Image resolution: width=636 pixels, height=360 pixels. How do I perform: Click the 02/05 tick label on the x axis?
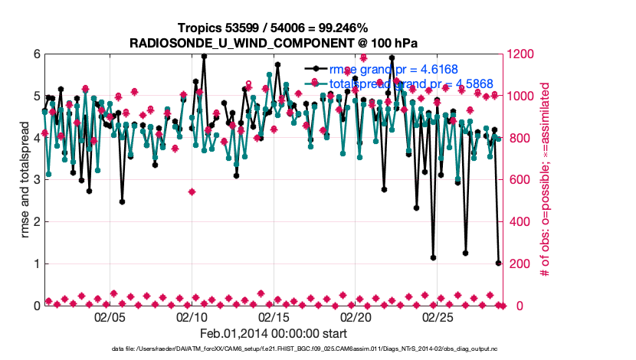(x=110, y=316)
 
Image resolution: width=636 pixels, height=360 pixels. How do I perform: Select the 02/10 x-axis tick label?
(x=192, y=316)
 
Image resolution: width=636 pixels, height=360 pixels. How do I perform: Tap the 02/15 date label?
(x=274, y=316)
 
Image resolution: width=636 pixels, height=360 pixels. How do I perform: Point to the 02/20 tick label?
(x=356, y=316)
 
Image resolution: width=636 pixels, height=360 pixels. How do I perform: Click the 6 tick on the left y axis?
(x=35, y=54)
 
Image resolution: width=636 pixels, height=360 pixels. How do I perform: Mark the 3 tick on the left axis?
(x=35, y=180)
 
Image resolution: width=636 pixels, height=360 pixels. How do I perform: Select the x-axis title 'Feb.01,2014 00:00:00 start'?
(x=274, y=333)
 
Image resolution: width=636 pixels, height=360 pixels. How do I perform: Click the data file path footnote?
(x=317, y=349)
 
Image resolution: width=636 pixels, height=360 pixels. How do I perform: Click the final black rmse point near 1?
(x=498, y=263)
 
